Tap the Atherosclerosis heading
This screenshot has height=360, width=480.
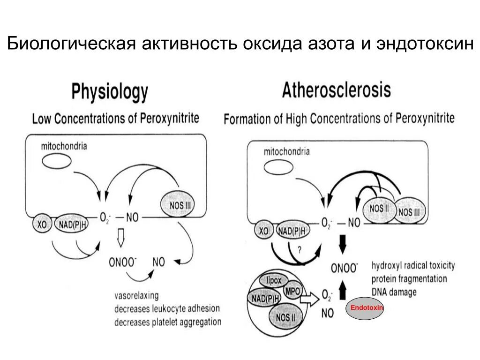pos(336,90)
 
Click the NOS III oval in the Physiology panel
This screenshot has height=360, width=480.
pos(178,203)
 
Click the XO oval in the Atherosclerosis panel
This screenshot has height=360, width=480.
pos(263,231)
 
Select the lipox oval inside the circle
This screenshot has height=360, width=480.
pos(274,280)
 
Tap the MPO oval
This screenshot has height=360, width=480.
pos(294,291)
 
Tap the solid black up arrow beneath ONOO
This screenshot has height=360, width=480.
pos(342,292)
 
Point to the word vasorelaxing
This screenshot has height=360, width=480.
pos(136,296)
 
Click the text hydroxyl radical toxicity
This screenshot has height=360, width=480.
pos(413,265)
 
